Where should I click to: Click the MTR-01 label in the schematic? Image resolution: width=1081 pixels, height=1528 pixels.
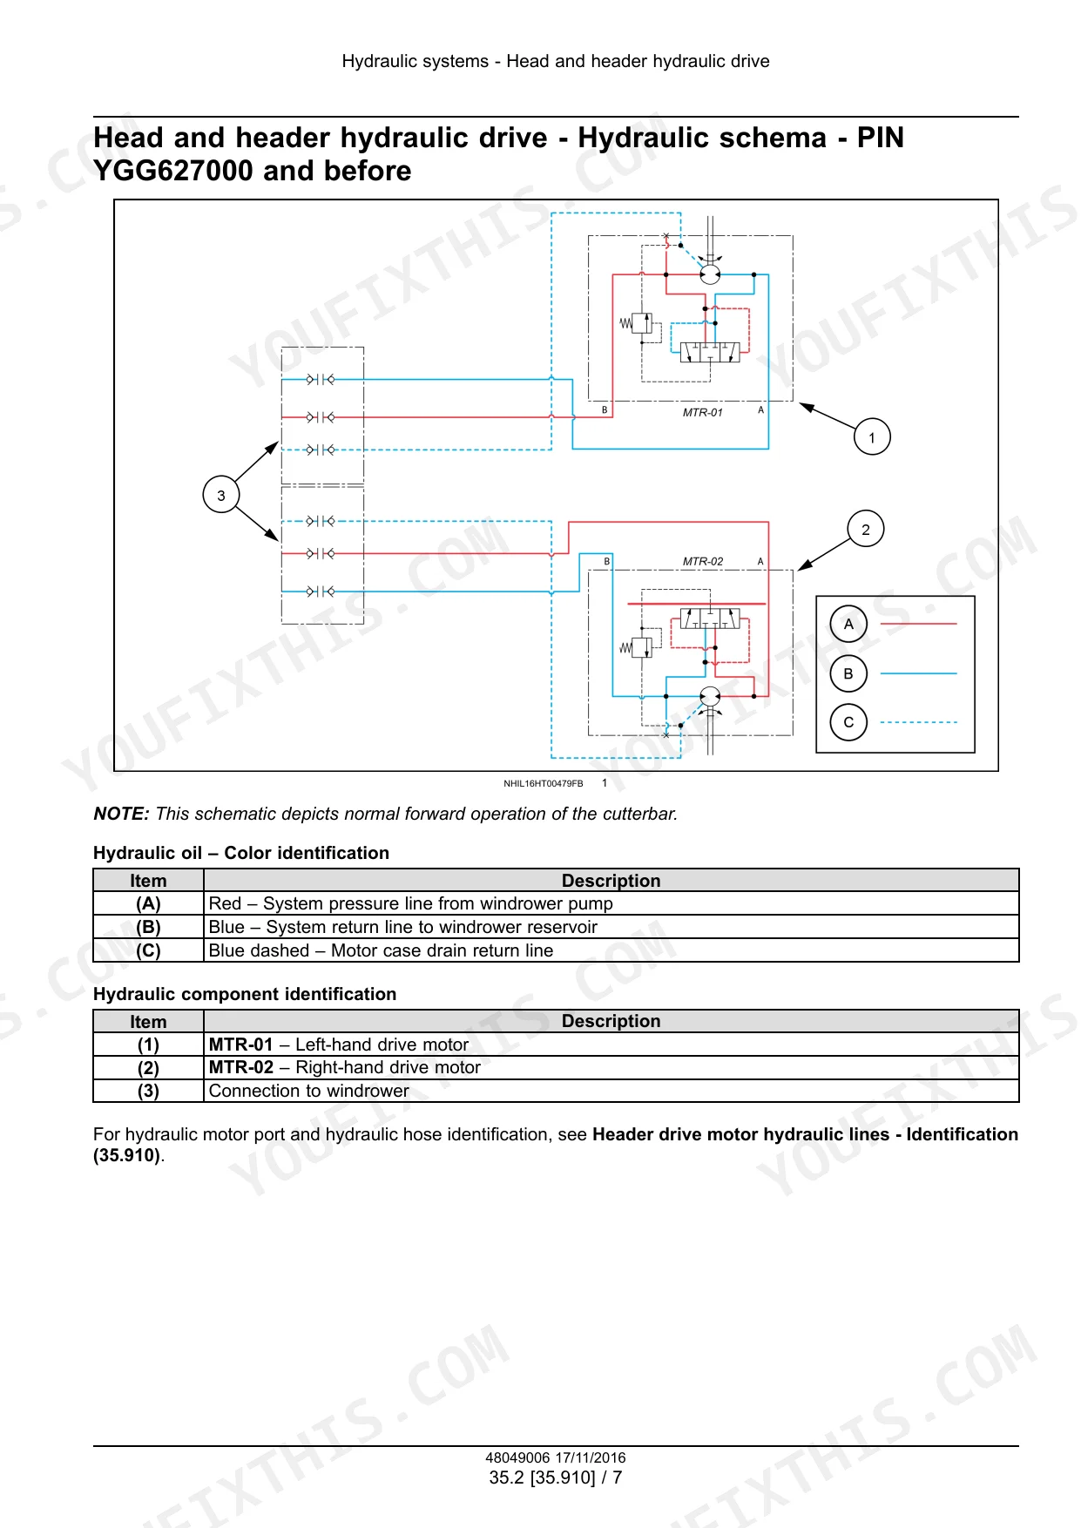(x=702, y=412)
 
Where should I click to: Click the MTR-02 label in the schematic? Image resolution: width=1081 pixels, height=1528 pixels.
(x=702, y=561)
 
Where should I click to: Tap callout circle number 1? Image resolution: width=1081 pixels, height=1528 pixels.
(x=872, y=437)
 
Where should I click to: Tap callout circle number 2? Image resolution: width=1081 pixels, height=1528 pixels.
(x=865, y=529)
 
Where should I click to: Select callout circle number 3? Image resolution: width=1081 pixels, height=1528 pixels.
(x=221, y=495)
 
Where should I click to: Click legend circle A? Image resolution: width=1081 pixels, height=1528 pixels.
(x=848, y=624)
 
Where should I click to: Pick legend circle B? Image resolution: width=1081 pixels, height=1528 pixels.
(x=848, y=673)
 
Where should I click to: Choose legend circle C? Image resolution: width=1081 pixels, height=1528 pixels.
(x=848, y=722)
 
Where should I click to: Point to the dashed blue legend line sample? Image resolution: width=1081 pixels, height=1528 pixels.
(x=919, y=722)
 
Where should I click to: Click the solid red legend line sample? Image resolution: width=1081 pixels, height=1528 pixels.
(x=919, y=624)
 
